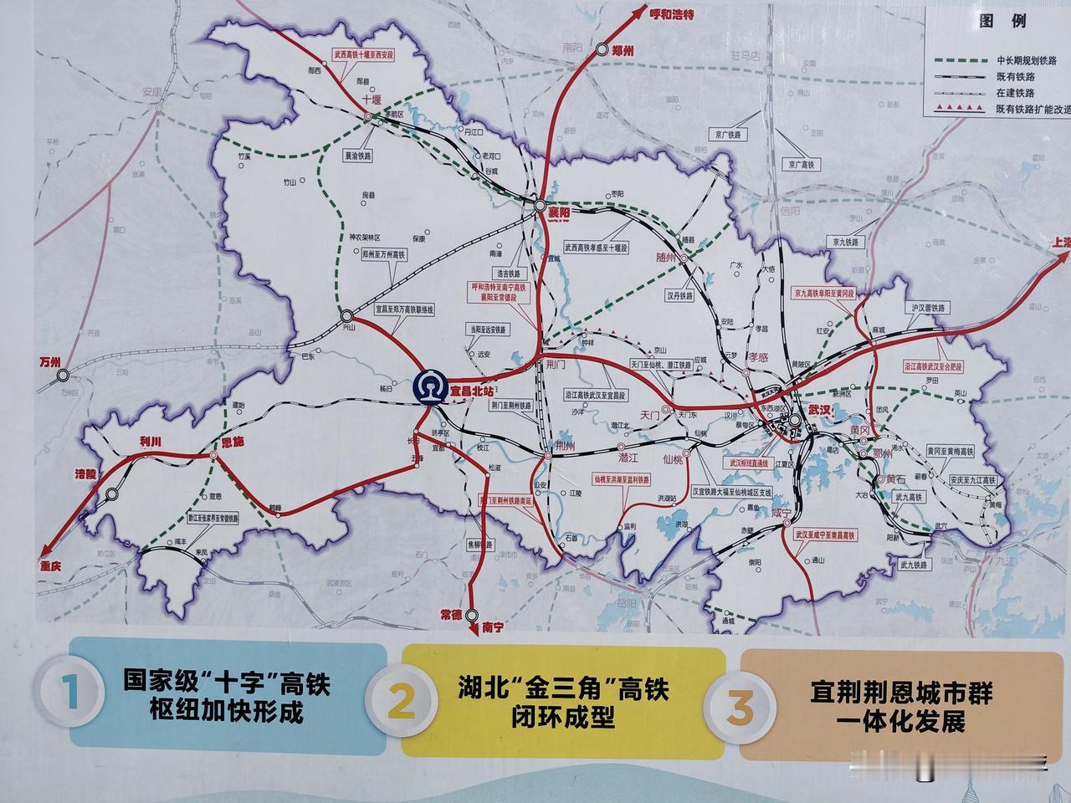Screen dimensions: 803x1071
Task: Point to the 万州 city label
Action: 51,363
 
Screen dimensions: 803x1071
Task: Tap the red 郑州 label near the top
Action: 623,50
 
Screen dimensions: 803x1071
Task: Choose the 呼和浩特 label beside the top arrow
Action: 673,13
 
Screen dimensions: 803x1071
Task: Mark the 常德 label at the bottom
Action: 451,615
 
